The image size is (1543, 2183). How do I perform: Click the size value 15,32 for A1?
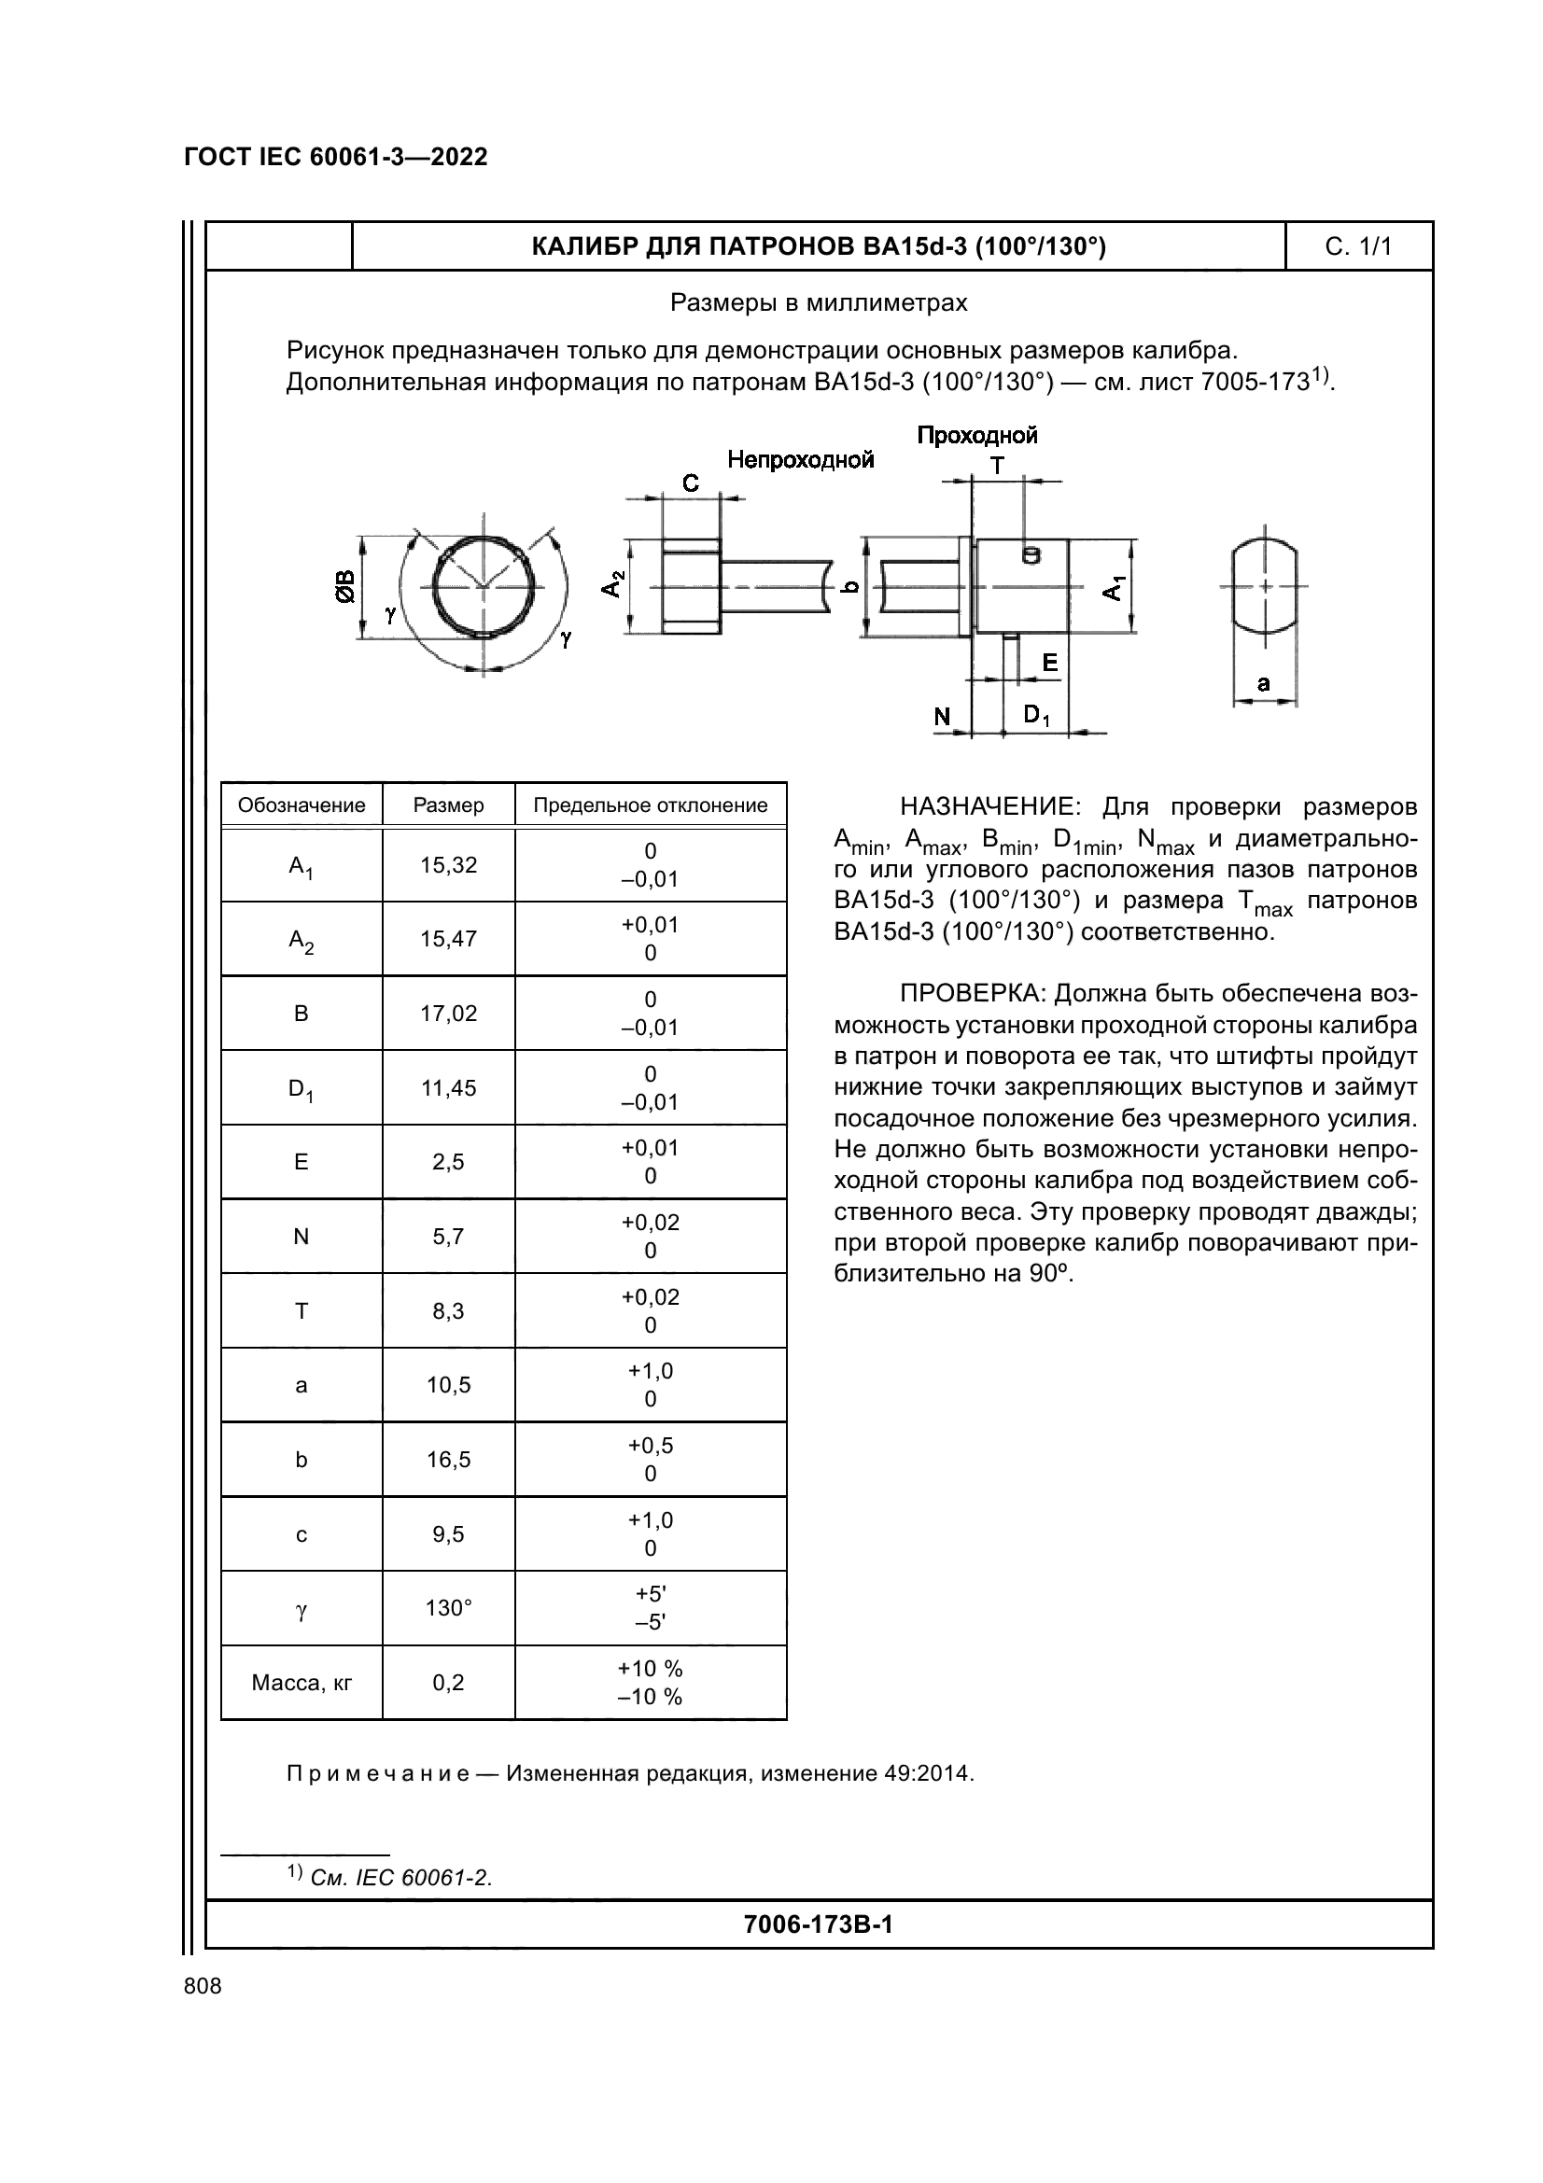pyautogui.click(x=448, y=865)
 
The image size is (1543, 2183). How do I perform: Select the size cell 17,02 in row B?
pyautogui.click(x=448, y=1014)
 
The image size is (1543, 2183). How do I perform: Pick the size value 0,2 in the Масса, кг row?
pyautogui.click(x=448, y=1682)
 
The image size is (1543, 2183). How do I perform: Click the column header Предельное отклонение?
pyautogui.click(x=651, y=805)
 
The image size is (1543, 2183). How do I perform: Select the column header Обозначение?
pyautogui.click(x=302, y=805)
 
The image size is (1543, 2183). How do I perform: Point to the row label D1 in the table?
pyautogui.click(x=302, y=1088)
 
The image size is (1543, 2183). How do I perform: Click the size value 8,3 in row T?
pyautogui.click(x=448, y=1311)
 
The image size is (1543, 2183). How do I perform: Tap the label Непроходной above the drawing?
pyautogui.click(x=800, y=460)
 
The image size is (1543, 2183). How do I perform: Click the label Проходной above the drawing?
pyautogui.click(x=976, y=436)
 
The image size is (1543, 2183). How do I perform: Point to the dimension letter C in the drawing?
pyautogui.click(x=691, y=483)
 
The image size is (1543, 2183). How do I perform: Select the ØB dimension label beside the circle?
pyautogui.click(x=344, y=587)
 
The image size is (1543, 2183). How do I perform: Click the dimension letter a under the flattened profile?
pyautogui.click(x=1264, y=682)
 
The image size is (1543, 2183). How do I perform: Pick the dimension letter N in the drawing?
pyautogui.click(x=941, y=716)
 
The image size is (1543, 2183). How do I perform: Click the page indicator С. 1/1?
pyautogui.click(x=1357, y=247)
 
